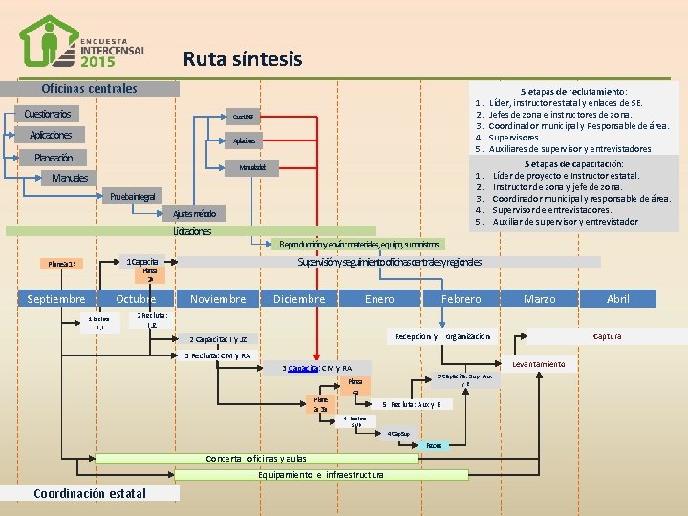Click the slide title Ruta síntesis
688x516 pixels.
(x=242, y=59)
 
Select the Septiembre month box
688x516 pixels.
(x=56, y=299)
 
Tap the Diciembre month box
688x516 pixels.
(x=299, y=299)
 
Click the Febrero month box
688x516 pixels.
(x=461, y=299)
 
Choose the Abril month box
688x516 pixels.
(x=617, y=299)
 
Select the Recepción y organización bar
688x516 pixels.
(x=441, y=336)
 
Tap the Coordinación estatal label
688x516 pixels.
(x=90, y=493)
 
